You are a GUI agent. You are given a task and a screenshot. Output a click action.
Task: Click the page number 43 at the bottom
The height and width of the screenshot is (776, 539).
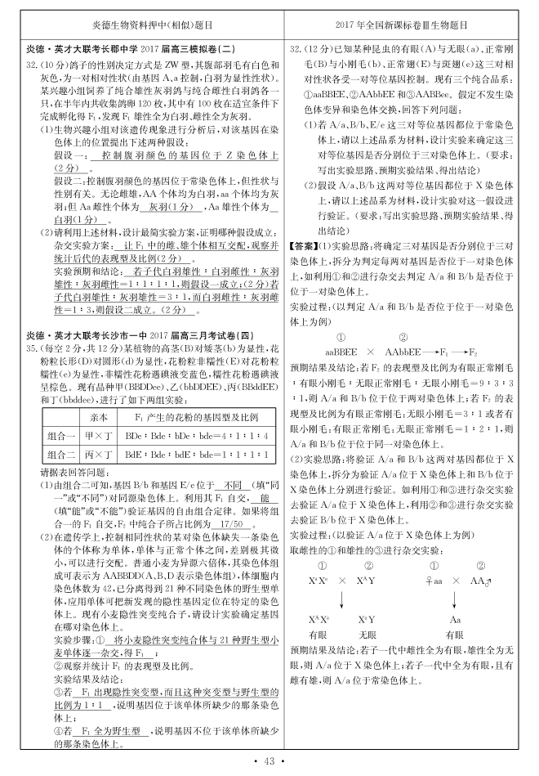click(269, 762)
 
